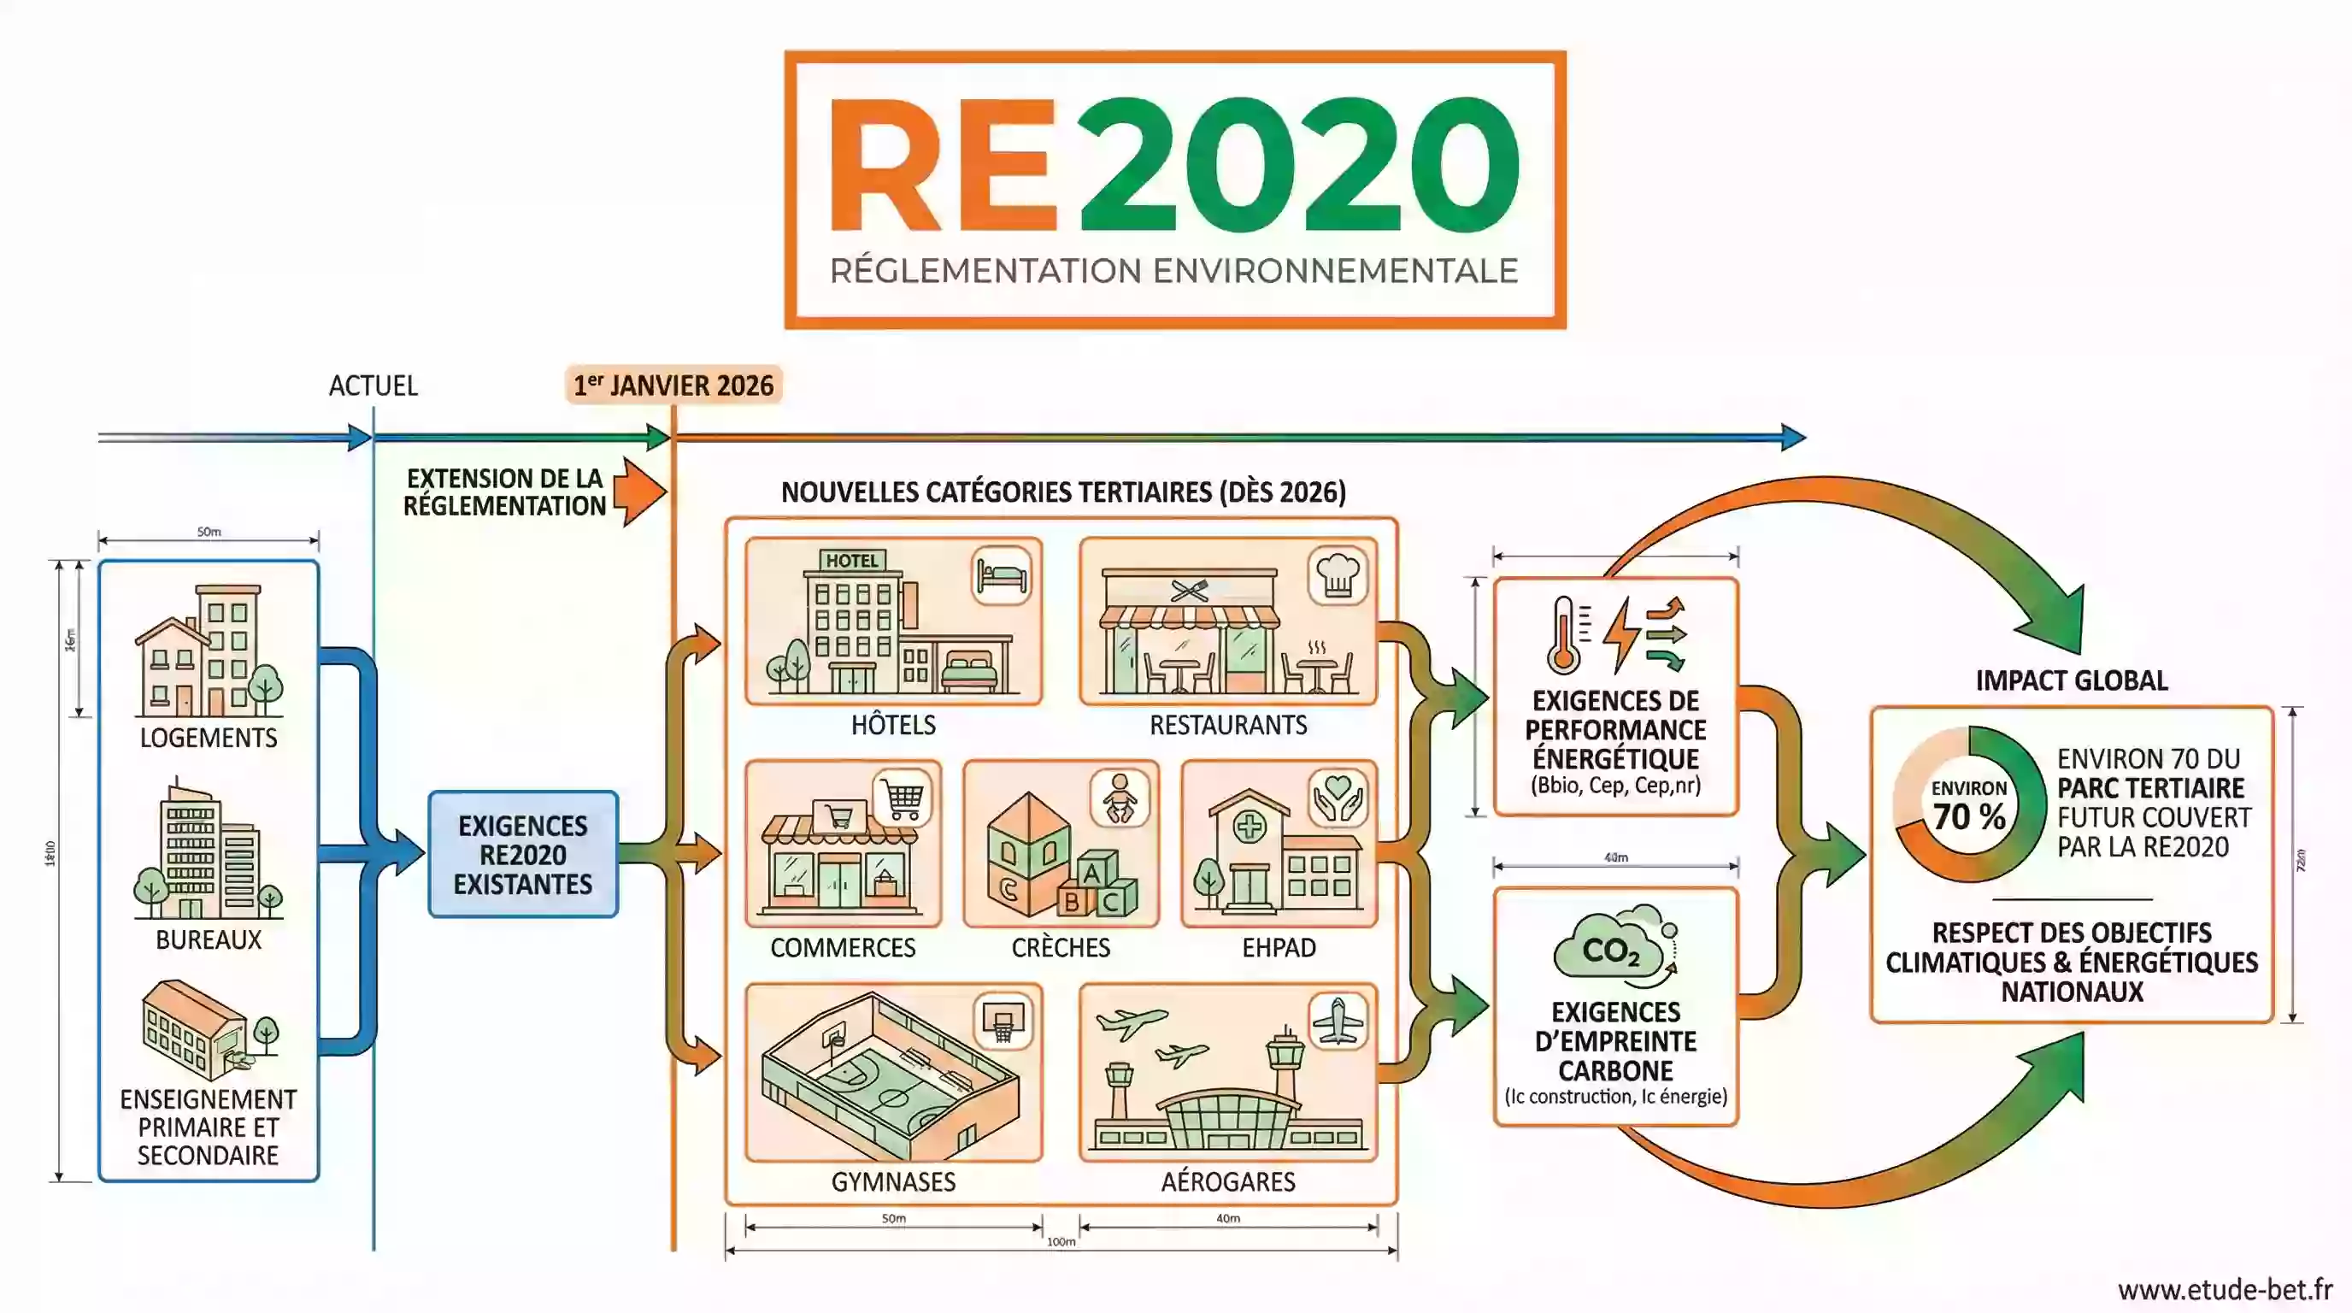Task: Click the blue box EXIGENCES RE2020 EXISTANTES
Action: [x=523, y=855]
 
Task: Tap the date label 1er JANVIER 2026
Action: [x=673, y=386]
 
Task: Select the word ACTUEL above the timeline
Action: [x=373, y=386]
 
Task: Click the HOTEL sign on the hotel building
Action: [x=852, y=561]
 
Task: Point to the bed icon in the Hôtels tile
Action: [x=1002, y=576]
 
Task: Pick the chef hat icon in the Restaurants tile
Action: [x=1338, y=576]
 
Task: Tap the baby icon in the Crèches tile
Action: [x=1120, y=798]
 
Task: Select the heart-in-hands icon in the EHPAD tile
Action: [x=1338, y=798]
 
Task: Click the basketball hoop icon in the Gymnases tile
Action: [x=1003, y=1020]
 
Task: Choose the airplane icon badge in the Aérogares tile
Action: [x=1338, y=1020]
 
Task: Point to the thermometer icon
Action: [x=1563, y=634]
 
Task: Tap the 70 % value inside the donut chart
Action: [x=1968, y=816]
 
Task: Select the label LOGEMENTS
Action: [x=209, y=738]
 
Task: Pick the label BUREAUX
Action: [x=209, y=939]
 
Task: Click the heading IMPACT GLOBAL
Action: [x=2072, y=681]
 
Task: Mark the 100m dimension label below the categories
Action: [x=1061, y=1242]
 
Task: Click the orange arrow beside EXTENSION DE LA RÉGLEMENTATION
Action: [x=639, y=492]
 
